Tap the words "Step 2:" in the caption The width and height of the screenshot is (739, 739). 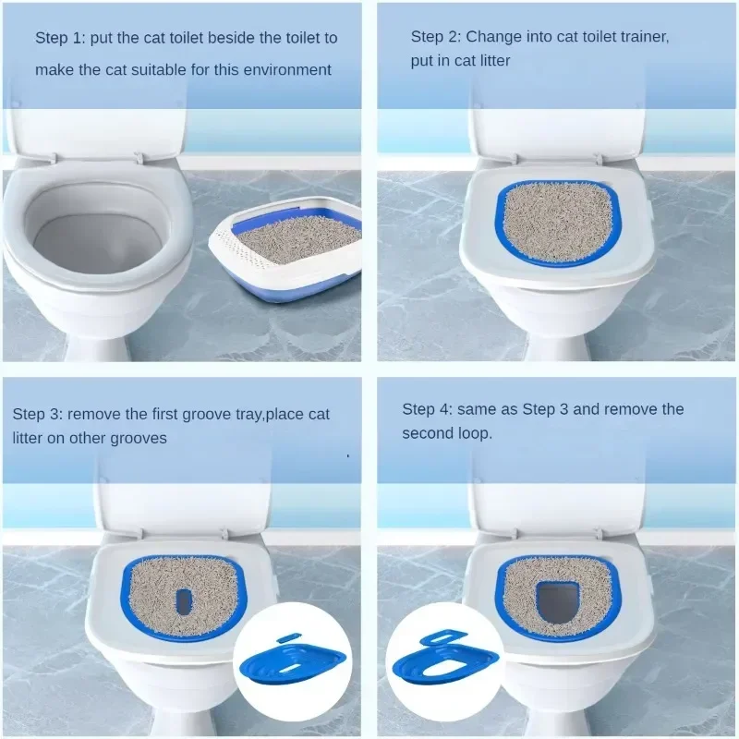pos(436,37)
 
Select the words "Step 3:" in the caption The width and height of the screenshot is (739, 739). pos(38,415)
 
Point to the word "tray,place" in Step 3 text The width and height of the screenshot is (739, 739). pos(260,415)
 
